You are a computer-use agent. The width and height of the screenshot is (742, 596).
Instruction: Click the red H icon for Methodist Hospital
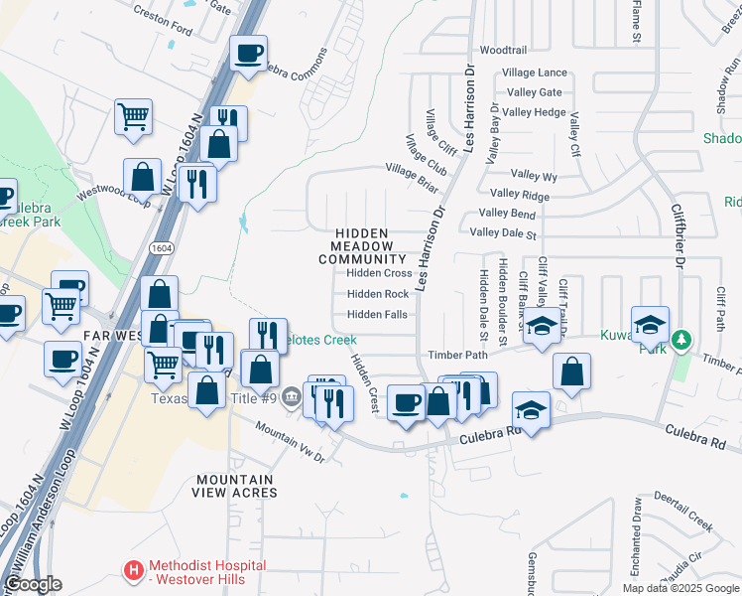pos(133,570)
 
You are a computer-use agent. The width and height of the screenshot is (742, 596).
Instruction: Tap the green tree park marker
pos(680,341)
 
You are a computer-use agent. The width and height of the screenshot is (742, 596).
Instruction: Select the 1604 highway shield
pos(162,245)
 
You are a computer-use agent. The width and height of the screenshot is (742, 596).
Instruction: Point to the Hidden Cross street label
pos(379,273)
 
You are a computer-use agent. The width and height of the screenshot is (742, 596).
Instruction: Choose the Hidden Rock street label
pos(378,294)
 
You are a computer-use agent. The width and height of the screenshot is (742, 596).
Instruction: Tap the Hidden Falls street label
pos(377,315)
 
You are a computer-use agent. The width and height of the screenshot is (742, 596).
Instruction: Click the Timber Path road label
pos(457,355)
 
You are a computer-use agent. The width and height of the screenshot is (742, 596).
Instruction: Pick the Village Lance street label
pos(535,73)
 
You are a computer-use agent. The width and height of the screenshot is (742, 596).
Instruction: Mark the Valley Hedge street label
pos(534,112)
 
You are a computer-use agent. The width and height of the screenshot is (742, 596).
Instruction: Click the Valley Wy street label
pos(534,177)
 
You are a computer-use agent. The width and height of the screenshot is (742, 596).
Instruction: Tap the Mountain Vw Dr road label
pos(290,440)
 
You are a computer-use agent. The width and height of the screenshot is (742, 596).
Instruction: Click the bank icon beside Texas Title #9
pos(290,398)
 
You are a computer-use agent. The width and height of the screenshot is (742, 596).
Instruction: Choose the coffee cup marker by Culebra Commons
pos(248,52)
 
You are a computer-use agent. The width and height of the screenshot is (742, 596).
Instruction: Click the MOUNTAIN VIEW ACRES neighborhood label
pos(235,486)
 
